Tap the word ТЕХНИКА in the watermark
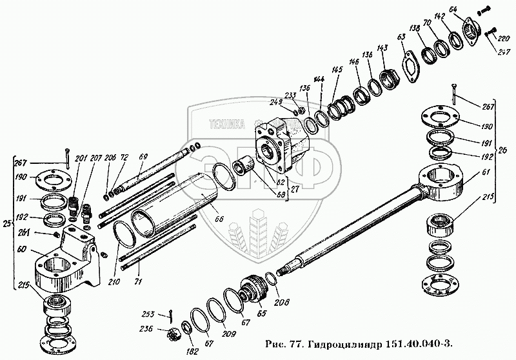coord(224,126)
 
